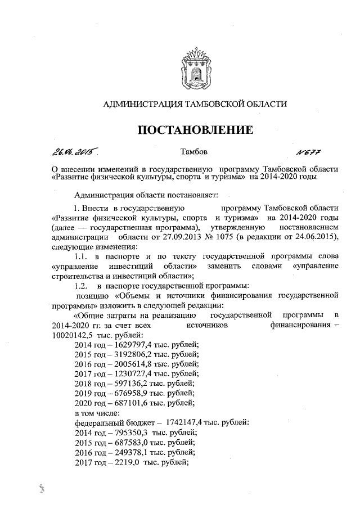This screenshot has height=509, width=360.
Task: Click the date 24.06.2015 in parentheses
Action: tap(316, 237)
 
